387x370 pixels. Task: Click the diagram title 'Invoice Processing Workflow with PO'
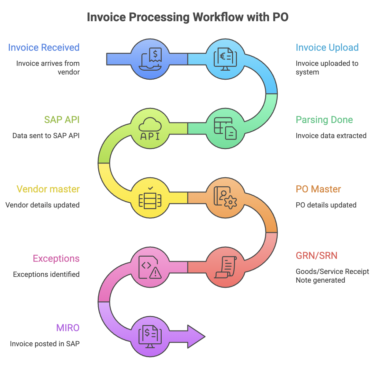188,17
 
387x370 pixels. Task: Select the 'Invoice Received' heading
44,48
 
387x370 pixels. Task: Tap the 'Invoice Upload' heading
327,48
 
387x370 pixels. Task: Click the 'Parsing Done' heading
324,120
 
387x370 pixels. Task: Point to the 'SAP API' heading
62,120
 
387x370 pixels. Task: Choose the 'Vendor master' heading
48,189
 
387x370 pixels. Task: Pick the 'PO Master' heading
318,189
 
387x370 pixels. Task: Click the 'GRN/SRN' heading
316,256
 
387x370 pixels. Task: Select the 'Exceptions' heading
56,259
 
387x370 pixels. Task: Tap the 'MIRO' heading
67,328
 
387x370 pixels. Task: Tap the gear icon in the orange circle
230,202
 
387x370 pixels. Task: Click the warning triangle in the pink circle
156,273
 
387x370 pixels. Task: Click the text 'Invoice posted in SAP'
45,344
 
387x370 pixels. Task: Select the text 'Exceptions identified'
46,274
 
